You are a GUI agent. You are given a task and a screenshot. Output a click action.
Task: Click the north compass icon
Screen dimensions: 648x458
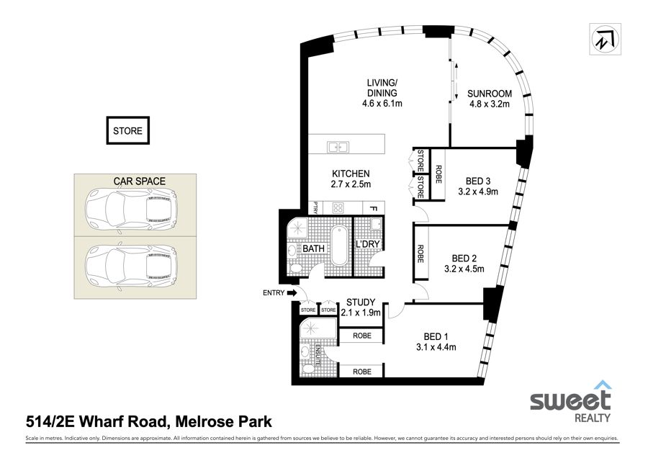605,39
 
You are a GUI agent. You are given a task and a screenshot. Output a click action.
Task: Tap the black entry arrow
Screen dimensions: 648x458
292,293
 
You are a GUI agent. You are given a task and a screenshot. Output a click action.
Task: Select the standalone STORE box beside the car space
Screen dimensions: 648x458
127,130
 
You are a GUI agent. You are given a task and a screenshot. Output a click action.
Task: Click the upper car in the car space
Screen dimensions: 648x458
132,205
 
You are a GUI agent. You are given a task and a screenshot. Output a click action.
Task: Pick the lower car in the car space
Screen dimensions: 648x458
132,263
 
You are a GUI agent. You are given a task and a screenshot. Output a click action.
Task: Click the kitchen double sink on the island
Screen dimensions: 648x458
338,147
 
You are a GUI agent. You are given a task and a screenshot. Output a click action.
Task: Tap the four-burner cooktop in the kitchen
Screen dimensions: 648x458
338,207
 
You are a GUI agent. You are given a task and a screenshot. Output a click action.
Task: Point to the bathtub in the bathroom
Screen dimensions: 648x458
339,246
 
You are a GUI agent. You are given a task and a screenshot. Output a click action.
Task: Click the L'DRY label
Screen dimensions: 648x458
367,244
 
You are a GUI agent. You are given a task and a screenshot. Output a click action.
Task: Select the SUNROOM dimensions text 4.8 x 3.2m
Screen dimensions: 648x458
490,104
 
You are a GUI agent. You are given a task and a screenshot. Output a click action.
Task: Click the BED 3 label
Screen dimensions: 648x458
478,181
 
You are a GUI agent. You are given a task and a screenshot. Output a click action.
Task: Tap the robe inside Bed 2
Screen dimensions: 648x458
421,253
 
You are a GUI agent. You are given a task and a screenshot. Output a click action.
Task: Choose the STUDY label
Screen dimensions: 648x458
361,302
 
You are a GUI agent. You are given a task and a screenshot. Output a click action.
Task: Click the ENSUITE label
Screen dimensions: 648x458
318,355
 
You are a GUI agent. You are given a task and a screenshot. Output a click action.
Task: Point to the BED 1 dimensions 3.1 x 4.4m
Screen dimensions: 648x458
436,347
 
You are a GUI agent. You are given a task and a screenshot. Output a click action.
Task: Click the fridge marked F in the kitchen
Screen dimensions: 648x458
374,208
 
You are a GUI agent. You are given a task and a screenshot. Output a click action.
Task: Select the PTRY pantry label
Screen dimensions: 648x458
316,207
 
